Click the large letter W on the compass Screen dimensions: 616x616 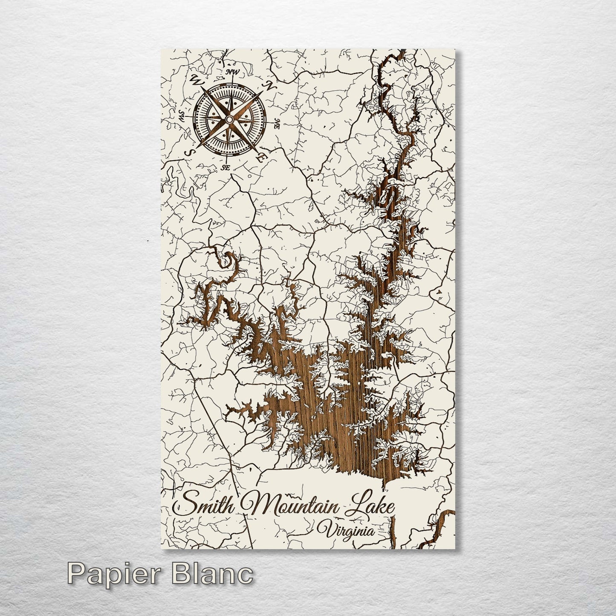[197, 79]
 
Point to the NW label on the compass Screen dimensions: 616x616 [232, 71]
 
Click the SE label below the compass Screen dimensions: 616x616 [226, 168]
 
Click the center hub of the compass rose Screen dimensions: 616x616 [229, 120]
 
